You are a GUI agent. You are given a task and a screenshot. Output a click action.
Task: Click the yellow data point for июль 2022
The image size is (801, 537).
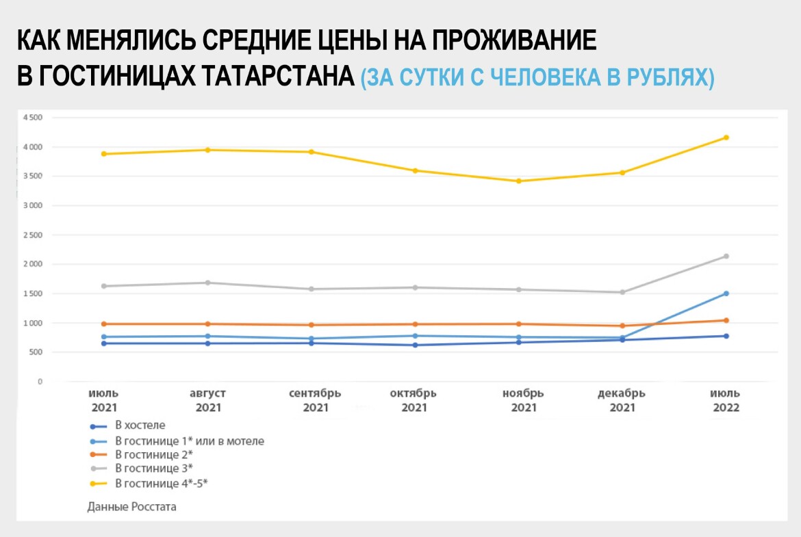[x=726, y=137]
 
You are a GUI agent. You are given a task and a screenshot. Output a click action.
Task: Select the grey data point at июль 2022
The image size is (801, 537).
[x=726, y=257]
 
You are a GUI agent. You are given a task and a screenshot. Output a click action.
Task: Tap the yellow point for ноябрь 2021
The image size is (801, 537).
[x=519, y=181]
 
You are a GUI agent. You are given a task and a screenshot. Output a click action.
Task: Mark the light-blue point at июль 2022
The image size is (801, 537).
[x=726, y=293]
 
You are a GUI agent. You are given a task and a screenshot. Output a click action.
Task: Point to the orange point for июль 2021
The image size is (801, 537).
[x=104, y=324]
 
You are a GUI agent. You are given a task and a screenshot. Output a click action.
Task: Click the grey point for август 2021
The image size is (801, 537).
[x=208, y=283]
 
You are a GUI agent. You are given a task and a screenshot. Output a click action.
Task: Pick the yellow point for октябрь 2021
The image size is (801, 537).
[x=416, y=170]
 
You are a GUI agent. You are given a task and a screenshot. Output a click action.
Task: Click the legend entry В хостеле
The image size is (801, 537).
[x=140, y=425]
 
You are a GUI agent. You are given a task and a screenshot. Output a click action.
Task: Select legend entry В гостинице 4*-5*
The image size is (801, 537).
[x=161, y=484]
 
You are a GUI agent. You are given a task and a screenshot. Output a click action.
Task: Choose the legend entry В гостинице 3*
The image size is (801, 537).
[x=153, y=469]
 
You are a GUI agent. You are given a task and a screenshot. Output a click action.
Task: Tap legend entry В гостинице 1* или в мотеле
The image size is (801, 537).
[x=189, y=441]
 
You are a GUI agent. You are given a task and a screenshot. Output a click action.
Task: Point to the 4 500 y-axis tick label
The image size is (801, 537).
[x=32, y=118]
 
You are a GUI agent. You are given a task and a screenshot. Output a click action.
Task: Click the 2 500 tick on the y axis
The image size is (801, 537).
[x=32, y=235]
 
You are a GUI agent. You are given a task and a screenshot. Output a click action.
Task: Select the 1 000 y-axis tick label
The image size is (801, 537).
[x=32, y=323]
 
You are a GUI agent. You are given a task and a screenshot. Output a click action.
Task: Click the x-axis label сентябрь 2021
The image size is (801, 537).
[x=315, y=401]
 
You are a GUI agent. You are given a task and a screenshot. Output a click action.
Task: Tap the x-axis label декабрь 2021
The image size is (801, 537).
[x=622, y=401]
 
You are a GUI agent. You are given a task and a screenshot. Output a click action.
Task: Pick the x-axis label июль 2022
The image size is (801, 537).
[x=725, y=401]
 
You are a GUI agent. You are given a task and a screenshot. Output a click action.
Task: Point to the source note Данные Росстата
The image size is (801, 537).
[x=132, y=507]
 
